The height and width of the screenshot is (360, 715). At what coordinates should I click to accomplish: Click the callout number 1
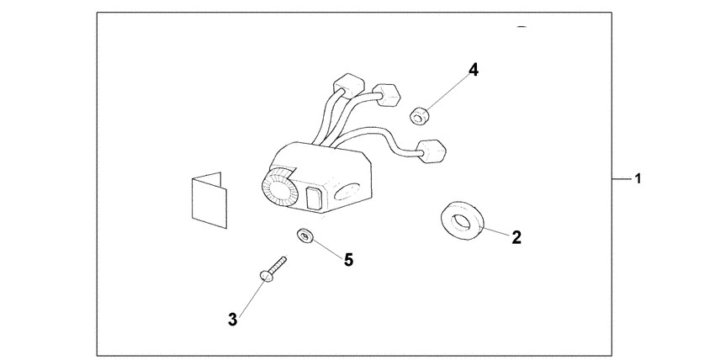[638, 179]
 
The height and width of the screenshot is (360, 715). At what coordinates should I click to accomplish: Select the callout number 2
[516, 237]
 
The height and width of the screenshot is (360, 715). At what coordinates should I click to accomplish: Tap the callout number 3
[232, 320]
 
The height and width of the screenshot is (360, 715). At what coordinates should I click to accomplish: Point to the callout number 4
[474, 70]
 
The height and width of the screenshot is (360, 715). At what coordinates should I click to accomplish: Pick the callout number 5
[348, 260]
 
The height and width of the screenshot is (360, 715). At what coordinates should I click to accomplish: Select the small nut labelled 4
[419, 115]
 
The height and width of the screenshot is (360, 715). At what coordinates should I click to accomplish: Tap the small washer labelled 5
[305, 236]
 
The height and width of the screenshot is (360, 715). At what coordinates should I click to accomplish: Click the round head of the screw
[265, 276]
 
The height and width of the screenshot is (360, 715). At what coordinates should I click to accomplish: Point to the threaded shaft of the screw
[278, 265]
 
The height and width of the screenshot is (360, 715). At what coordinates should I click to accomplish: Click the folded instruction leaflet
[209, 200]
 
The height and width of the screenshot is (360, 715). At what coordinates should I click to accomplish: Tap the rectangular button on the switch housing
[313, 199]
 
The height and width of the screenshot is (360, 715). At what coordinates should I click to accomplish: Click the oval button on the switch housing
[348, 193]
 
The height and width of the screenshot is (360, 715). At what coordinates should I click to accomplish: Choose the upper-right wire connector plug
[387, 95]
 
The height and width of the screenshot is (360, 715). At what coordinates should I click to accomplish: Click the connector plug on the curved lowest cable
[432, 151]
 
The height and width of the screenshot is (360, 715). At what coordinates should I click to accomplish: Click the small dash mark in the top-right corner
[522, 27]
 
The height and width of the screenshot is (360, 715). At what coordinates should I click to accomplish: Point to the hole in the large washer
[461, 221]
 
